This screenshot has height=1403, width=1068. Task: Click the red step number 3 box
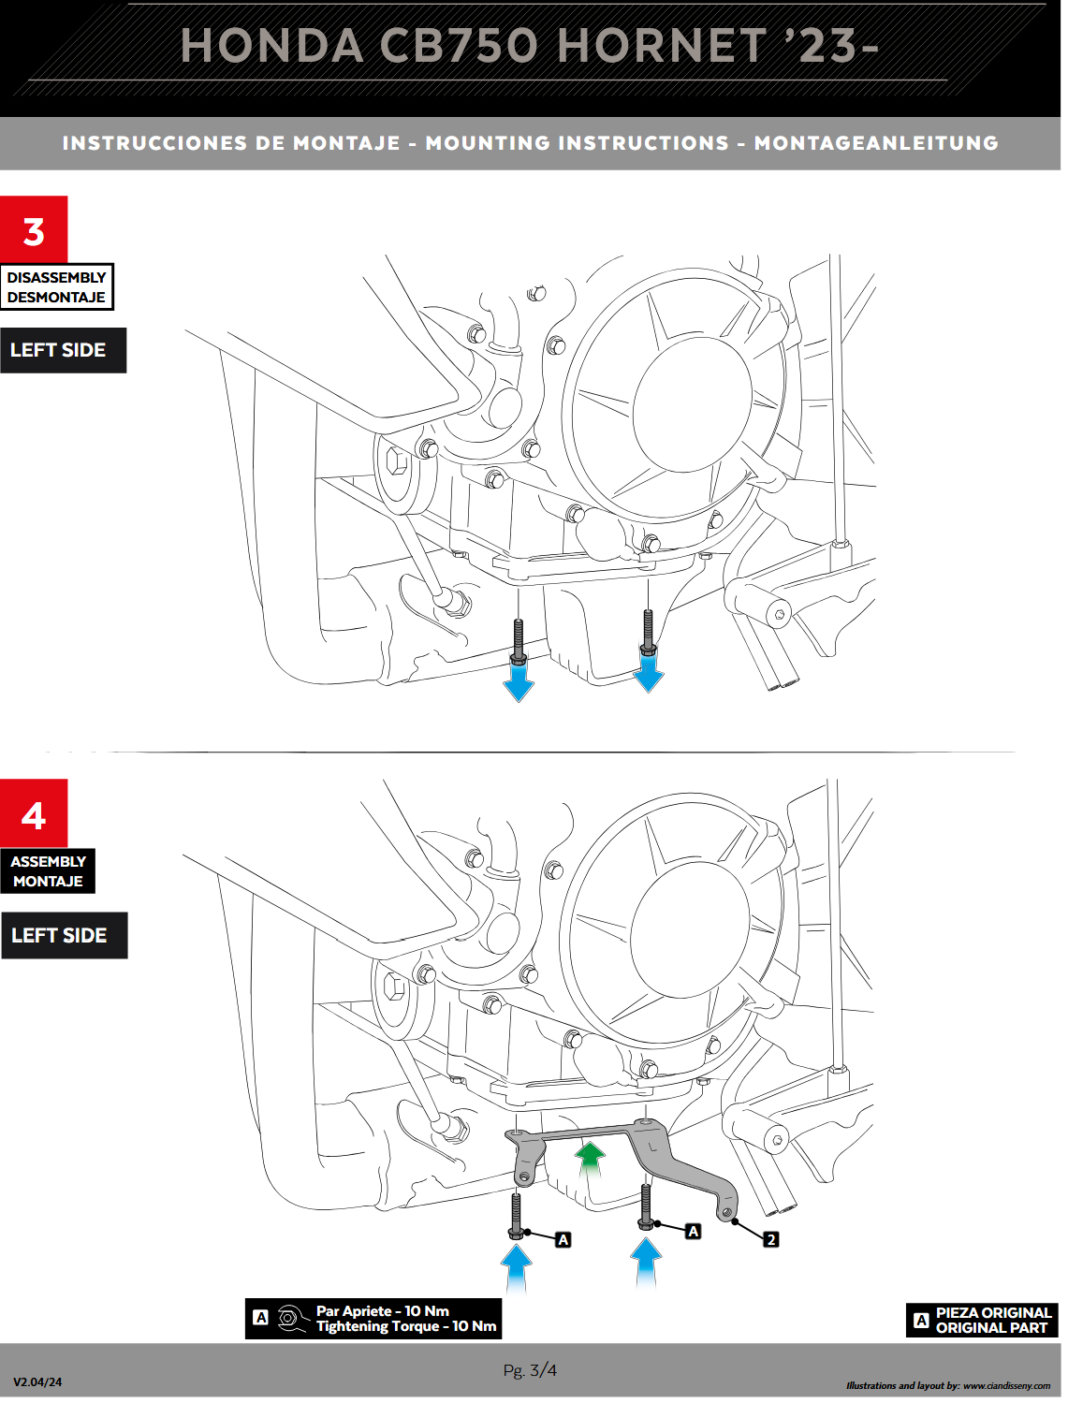[x=34, y=229]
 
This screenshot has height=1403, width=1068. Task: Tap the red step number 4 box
[x=34, y=813]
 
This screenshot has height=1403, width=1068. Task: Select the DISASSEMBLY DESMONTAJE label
[x=57, y=287]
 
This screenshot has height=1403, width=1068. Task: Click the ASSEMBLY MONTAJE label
[x=48, y=871]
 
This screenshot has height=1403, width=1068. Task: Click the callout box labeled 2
[x=770, y=1239]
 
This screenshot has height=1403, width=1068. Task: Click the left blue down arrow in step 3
[x=519, y=680]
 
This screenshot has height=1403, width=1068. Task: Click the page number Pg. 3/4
[x=530, y=1369]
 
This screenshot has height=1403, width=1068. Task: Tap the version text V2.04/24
[x=37, y=1381]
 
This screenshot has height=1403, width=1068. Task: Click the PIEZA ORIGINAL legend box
[x=982, y=1320]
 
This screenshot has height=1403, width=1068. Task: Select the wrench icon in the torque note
[x=293, y=1318]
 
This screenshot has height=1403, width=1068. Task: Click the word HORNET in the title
[x=662, y=46]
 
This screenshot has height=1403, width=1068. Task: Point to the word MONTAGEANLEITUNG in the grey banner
[x=876, y=143]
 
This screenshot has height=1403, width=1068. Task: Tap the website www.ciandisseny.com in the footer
[x=1006, y=1386]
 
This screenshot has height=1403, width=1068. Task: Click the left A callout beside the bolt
[x=563, y=1240]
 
